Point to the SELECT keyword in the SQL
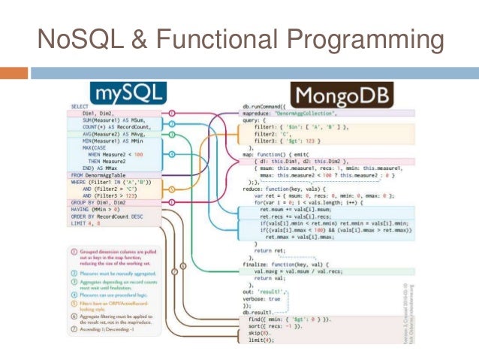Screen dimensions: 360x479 point(80,107)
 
